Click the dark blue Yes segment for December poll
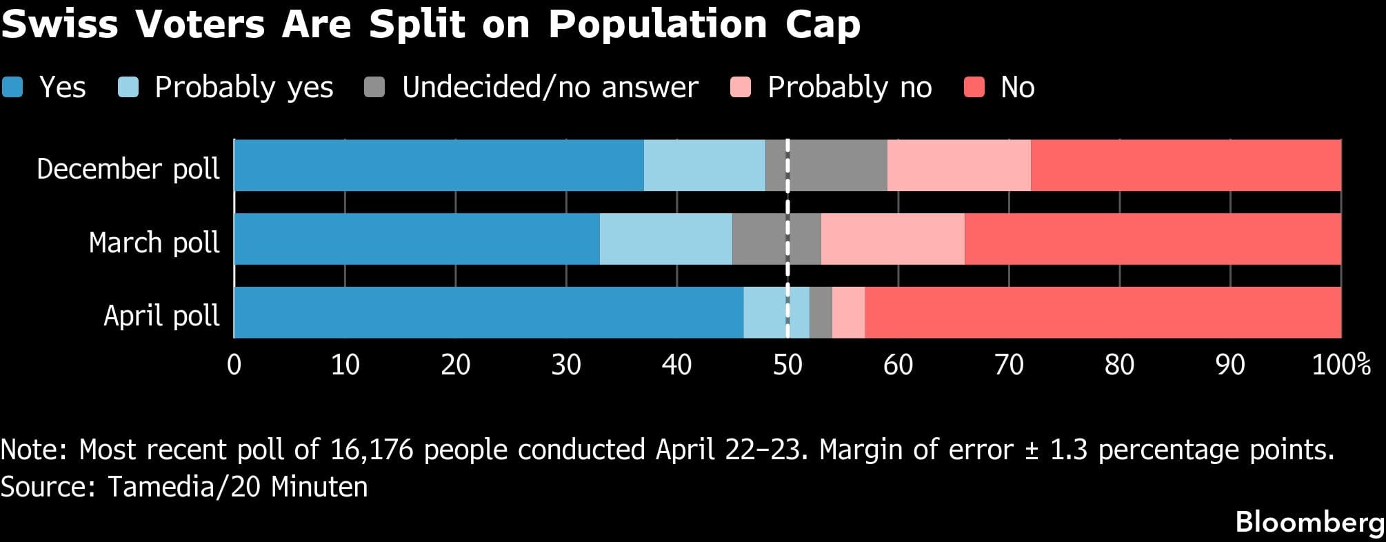[x=439, y=165]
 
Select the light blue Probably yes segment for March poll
[x=665, y=239]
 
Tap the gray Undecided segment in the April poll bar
[x=821, y=312]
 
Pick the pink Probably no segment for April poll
[x=848, y=312]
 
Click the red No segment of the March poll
[x=1152, y=239]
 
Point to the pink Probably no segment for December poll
[x=958, y=165]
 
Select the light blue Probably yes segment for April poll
[x=765, y=312]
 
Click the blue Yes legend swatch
[x=12, y=88]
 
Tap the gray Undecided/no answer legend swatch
[x=374, y=88]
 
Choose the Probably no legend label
[x=850, y=88]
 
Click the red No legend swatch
[x=974, y=88]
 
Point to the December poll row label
[x=128, y=169]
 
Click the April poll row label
[x=161, y=316]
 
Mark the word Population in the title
[x=657, y=25]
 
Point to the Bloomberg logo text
[x=1309, y=522]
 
